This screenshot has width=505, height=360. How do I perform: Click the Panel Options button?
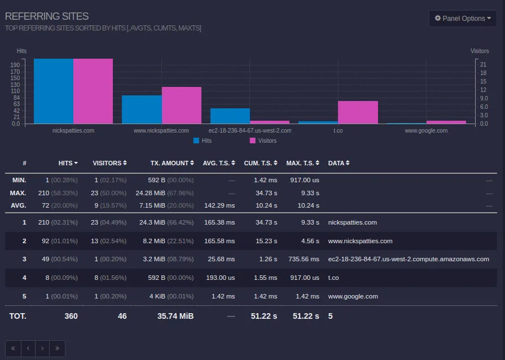coord(462,19)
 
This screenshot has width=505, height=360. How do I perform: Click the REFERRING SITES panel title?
coord(47,16)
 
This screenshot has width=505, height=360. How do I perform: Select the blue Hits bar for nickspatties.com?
coord(54,91)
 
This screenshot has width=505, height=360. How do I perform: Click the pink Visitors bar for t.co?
coord(358,112)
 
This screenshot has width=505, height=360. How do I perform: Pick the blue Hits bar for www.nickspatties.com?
coord(142,109)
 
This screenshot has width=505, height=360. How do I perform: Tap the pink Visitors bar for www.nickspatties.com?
coord(182,106)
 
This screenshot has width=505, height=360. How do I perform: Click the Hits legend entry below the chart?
coord(203,141)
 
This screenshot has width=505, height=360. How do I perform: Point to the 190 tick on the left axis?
coord(15,65)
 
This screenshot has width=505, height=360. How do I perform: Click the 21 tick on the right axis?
coord(483,65)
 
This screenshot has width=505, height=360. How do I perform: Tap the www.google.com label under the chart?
coord(426,130)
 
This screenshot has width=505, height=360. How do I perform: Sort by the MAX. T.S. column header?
coord(302,163)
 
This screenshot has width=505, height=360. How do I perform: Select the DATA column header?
coord(339,163)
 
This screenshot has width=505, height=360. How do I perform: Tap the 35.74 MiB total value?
coord(175,316)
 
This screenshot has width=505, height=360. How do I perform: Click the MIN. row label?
coord(19,180)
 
